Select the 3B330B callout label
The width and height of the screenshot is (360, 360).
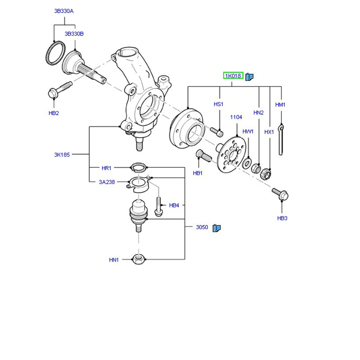click(74, 34)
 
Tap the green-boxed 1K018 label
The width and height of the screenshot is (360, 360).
click(234, 76)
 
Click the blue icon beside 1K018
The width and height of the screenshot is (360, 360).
click(250, 76)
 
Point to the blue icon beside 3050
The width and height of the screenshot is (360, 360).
click(216, 228)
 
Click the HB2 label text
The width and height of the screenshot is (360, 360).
click(54, 113)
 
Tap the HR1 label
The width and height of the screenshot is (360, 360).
click(106, 168)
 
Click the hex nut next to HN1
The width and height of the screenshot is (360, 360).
click(138, 259)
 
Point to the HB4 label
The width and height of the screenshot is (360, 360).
click(174, 206)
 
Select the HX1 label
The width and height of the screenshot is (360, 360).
click(269, 132)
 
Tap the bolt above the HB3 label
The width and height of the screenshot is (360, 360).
click(280, 194)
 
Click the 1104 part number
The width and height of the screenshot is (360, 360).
click(236, 117)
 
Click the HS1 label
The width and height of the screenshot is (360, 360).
click(219, 104)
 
